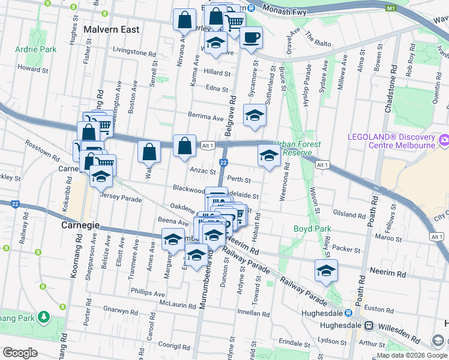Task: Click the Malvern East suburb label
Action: tap(112, 29)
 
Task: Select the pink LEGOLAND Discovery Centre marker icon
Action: tap(444, 140)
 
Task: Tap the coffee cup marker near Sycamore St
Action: tap(251, 38)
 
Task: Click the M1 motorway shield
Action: tap(391, 8)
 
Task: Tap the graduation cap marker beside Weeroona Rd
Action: tap(269, 156)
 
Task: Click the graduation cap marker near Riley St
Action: tap(326, 271)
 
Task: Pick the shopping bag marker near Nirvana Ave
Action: tap(184, 20)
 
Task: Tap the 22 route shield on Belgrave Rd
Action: tap(223, 163)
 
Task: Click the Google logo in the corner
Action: tap(20, 352)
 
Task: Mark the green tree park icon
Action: tap(43, 316)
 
